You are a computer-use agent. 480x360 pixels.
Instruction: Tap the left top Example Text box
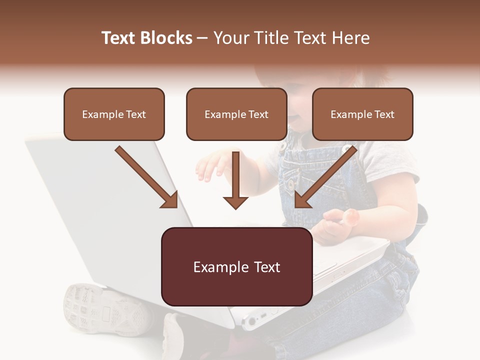tap(114, 114)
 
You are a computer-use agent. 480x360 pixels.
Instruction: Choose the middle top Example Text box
tap(236, 114)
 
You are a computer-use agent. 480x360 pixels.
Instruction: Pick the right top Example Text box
tap(362, 114)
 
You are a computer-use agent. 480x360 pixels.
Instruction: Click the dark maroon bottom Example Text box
tap(237, 266)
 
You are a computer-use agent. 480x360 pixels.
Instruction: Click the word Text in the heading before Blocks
tap(119, 38)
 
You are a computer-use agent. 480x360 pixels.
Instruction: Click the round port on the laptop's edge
tap(250, 321)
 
